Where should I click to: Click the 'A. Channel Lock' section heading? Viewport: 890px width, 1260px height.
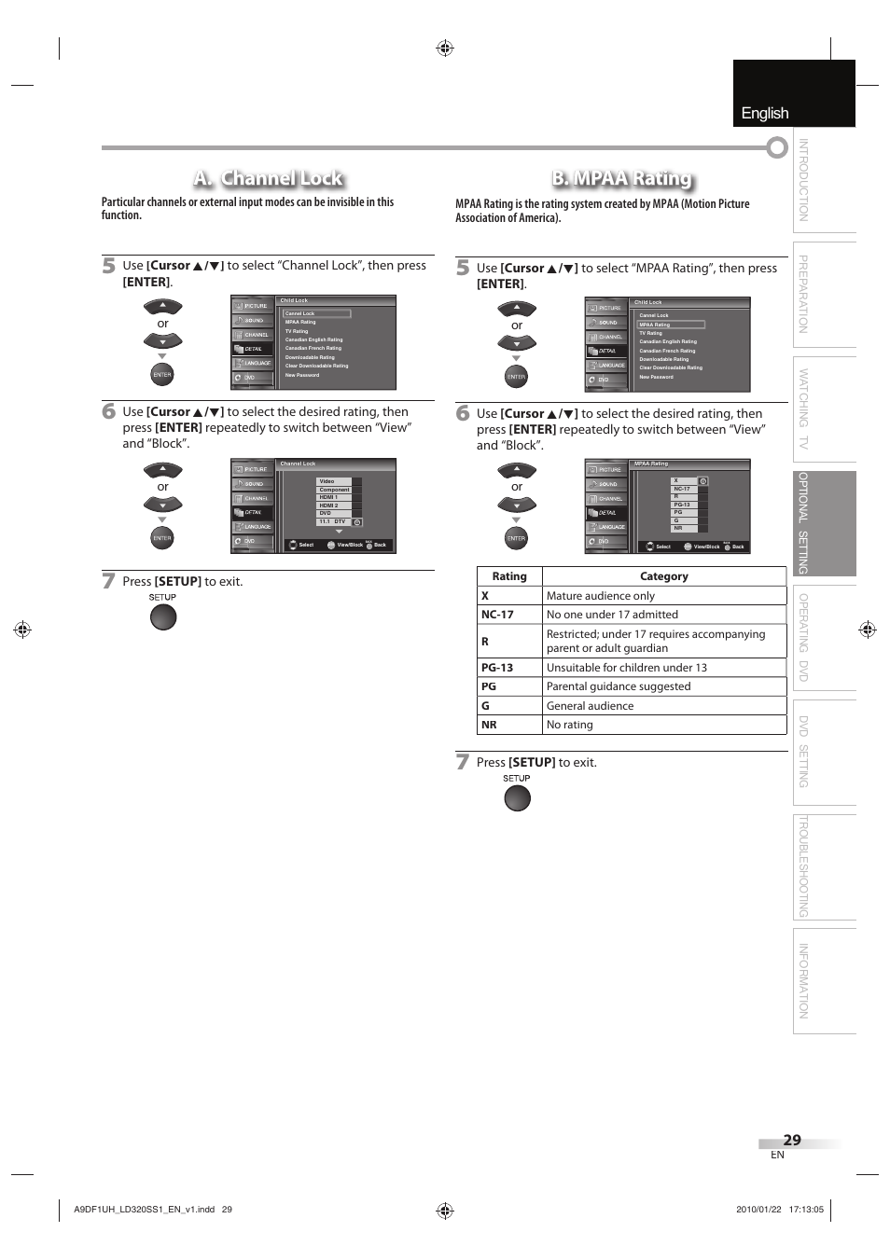click(268, 178)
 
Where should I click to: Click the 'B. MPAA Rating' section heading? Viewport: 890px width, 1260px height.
click(621, 178)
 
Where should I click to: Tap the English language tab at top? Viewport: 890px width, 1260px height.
click(765, 113)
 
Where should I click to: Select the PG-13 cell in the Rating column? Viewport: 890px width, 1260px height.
click(497, 668)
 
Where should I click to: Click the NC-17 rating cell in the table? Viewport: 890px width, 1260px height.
click(497, 615)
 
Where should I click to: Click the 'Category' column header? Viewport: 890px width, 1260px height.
click(663, 576)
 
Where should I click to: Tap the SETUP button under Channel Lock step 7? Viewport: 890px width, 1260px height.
click(163, 617)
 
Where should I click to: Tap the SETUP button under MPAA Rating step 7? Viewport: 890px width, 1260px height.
click(517, 798)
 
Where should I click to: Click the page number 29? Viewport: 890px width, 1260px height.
click(791, 1140)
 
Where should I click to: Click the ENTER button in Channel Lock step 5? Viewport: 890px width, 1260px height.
click(162, 375)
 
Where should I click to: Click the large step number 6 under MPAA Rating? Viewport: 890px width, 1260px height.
click(463, 412)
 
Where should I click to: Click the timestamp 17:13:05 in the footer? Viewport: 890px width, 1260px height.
click(806, 1210)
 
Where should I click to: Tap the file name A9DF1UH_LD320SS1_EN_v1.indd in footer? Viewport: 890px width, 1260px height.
click(144, 1210)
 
